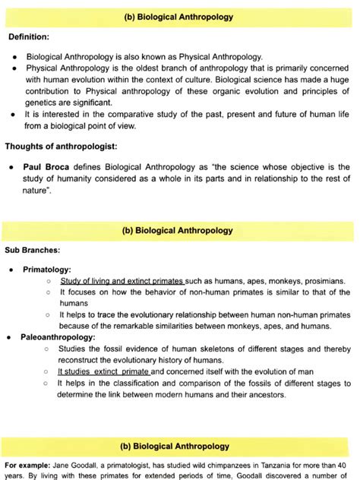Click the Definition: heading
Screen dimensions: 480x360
(x=29, y=36)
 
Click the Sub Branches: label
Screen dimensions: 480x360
(x=32, y=248)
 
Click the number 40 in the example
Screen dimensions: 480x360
(x=346, y=464)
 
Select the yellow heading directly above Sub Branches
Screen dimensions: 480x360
(x=180, y=230)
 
